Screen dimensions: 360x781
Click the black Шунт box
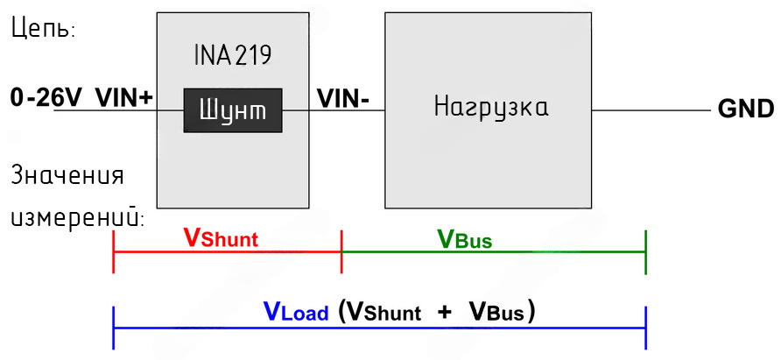[232, 110]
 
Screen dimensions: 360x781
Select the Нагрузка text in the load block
[492, 109]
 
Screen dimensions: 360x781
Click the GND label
[745, 109]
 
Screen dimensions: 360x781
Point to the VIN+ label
[123, 97]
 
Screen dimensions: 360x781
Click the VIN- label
[343, 97]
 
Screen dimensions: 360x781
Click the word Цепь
[43, 29]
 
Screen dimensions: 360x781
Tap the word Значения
[67, 175]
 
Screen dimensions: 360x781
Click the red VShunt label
[221, 237]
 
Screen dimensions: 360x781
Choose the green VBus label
[464, 237]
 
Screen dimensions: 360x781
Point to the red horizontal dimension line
[227, 251]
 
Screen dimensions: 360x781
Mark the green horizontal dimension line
[493, 251]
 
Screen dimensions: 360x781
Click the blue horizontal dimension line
[379, 328]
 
